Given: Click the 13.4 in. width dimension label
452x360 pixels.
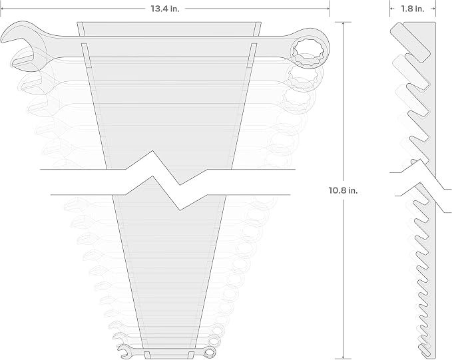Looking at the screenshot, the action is (x=165, y=9).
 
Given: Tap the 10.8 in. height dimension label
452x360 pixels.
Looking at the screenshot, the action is (x=343, y=190).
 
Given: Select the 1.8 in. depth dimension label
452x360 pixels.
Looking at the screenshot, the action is (x=413, y=9).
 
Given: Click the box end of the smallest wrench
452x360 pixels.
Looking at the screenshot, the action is (x=210, y=352).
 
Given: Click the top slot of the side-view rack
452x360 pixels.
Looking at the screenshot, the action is (x=410, y=43).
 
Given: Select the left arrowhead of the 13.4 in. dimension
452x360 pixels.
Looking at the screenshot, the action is (x=1, y=9).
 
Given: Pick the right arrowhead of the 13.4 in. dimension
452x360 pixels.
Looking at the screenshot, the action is (x=328, y=9).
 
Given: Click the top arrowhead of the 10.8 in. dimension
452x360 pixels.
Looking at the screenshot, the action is (x=343, y=24).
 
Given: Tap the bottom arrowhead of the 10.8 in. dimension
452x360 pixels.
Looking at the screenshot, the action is (x=343, y=356).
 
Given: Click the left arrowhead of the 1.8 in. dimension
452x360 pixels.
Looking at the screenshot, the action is (x=391, y=9).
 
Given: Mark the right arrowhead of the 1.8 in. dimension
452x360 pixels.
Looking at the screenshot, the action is (x=433, y=9).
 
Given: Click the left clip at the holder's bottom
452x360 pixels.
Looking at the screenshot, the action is (x=147, y=355).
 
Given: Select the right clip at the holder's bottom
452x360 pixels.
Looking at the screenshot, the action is (x=192, y=355).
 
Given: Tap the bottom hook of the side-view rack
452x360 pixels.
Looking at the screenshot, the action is (x=424, y=351).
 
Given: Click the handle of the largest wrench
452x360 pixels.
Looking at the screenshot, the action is (x=167, y=47).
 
